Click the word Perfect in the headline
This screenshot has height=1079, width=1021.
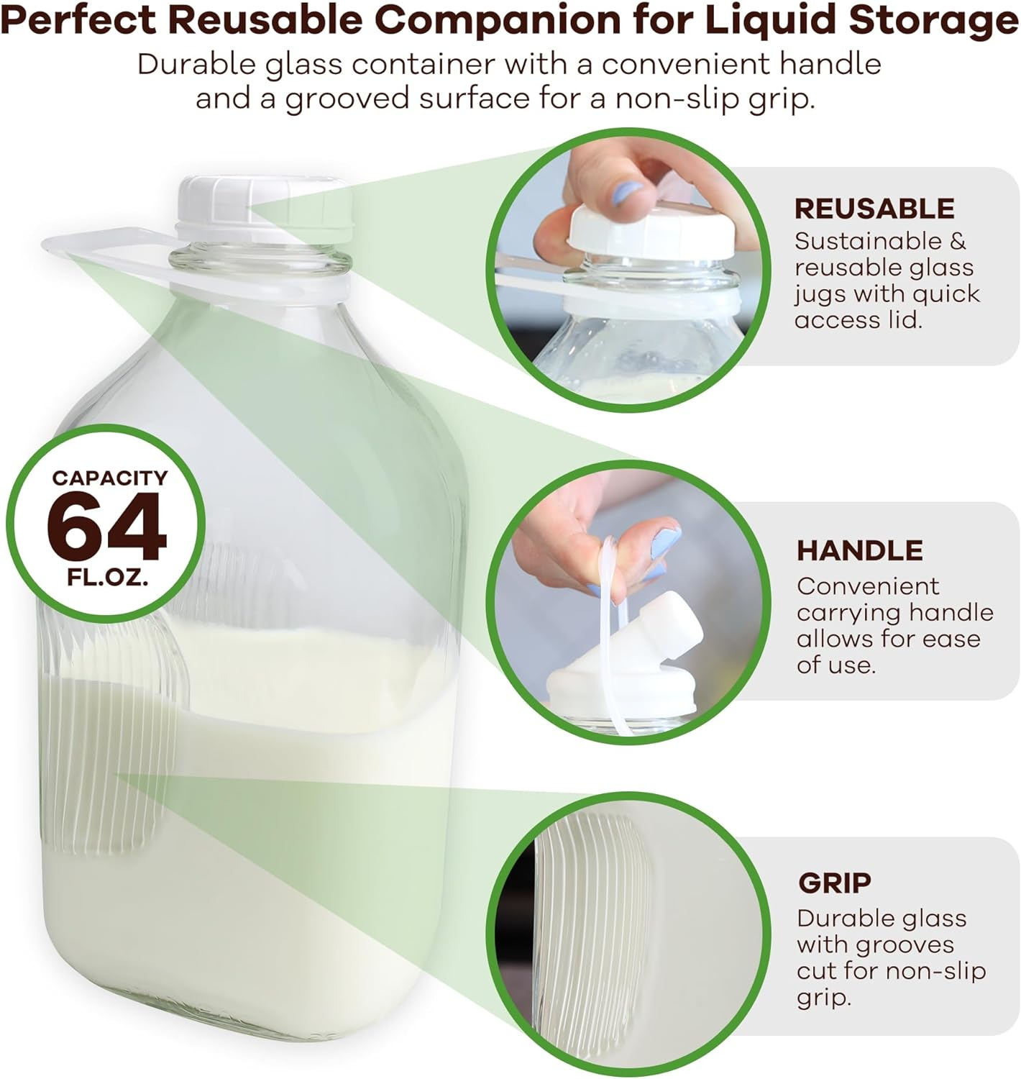click(80, 22)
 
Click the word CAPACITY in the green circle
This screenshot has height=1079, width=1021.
click(109, 478)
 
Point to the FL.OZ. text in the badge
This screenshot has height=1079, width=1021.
click(108, 578)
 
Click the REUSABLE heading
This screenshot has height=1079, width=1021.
click(874, 209)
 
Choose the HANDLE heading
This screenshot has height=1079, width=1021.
click(859, 550)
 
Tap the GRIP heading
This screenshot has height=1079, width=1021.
click(834, 883)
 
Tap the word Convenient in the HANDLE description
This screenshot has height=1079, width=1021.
click(867, 586)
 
